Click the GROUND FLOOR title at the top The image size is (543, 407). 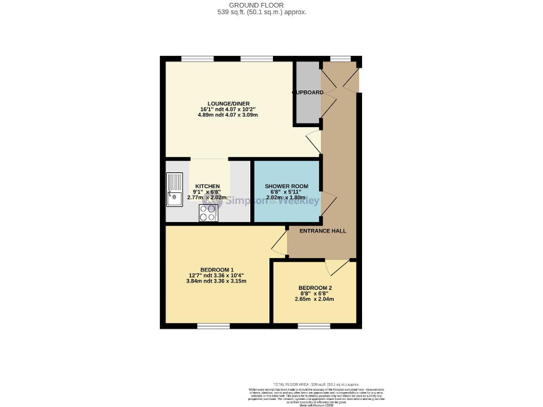262,5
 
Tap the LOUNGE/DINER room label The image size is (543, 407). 227,102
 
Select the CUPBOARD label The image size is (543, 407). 308,93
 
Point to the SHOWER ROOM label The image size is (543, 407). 287,186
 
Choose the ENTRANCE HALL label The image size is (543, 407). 322,231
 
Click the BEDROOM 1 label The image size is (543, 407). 216,271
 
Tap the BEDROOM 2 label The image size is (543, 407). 315,288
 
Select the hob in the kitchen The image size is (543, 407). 208,213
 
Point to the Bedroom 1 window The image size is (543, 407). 213,326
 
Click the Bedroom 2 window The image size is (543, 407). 309,326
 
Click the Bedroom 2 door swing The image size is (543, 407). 335,267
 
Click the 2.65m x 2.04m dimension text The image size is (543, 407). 315,299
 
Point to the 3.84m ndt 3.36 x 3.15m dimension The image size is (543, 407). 216,281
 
